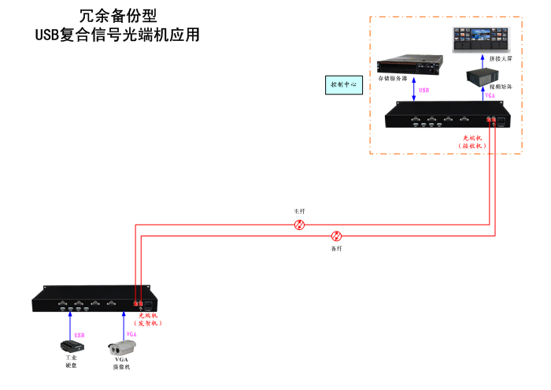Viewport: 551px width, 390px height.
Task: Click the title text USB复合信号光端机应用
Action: pos(117,35)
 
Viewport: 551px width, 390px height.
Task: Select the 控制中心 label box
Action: pos(342,84)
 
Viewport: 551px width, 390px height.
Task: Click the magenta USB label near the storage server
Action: pos(424,91)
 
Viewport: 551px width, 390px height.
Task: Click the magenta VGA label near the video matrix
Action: pos(490,95)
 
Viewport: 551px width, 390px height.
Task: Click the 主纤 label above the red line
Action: pos(299,211)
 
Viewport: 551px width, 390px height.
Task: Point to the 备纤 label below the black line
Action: pos(336,248)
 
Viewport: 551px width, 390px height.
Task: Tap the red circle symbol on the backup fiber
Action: pos(337,236)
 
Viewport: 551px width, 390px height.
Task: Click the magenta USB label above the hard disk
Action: pos(79,335)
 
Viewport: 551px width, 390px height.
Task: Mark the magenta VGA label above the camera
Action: pos(131,335)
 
